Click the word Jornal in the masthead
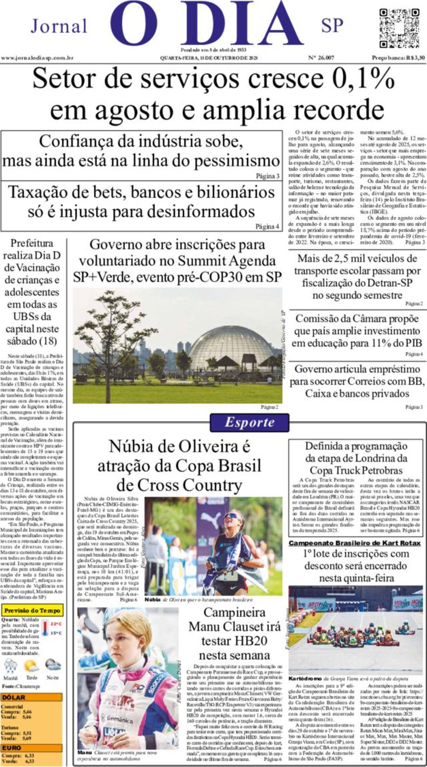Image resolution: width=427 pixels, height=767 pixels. pos(59,26)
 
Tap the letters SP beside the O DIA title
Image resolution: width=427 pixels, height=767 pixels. pos(332,26)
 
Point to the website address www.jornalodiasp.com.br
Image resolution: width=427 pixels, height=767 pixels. pos(37,58)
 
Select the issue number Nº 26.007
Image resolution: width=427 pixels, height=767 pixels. pos(321,58)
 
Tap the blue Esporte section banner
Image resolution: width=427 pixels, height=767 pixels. pos(249,422)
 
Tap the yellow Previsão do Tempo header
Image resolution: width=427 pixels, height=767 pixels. pos(32,610)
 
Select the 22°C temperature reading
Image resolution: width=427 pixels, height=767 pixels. pos(56,624)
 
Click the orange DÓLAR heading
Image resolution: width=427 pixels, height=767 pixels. pos(14,697)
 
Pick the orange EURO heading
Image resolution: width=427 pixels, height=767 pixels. pos(12,748)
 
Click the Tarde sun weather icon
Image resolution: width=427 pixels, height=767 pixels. pos(32,666)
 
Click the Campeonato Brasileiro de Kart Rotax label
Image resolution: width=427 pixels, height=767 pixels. pos(357,543)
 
